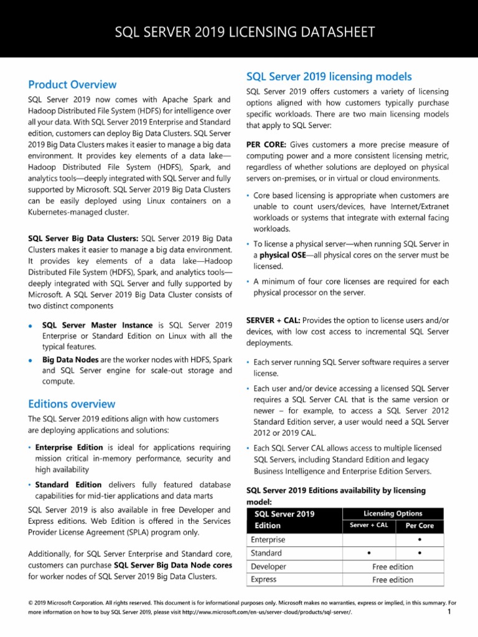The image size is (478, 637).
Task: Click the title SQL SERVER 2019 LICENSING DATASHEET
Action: (x=239, y=32)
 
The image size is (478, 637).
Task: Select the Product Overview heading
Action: (x=72, y=84)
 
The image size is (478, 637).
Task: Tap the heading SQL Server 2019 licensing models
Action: (x=329, y=77)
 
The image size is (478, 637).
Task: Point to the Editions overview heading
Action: (x=72, y=404)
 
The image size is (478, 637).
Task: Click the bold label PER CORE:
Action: (x=267, y=144)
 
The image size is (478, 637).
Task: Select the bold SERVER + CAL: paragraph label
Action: (x=274, y=320)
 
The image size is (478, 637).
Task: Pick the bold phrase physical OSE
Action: (x=283, y=255)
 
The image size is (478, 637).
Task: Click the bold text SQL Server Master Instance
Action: (x=98, y=325)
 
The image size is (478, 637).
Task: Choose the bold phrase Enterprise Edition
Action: (x=68, y=447)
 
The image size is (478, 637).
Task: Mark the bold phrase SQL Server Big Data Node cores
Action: (x=173, y=565)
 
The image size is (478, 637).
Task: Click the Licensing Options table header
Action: (x=393, y=513)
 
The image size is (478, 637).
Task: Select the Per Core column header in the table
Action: (x=419, y=526)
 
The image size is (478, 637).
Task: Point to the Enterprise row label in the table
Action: (x=268, y=539)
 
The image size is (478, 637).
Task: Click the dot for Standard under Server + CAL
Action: (x=369, y=553)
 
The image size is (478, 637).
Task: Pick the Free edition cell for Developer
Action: (x=393, y=567)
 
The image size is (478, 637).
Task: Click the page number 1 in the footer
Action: (x=449, y=613)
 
